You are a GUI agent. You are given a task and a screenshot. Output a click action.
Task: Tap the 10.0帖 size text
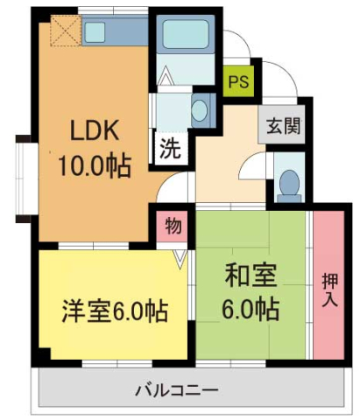(95, 165)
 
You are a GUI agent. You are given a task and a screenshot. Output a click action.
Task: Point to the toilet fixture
(288, 180)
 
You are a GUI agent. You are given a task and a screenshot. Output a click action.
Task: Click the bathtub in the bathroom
(187, 36)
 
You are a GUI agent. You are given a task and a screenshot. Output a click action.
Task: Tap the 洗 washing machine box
(170, 148)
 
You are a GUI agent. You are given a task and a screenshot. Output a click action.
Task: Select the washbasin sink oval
(200, 110)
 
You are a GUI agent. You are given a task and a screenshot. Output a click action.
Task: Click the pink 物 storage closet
(173, 227)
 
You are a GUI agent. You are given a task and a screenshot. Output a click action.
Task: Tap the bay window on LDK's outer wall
(24, 176)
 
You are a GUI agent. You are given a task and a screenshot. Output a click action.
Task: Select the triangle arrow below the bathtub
(167, 78)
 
